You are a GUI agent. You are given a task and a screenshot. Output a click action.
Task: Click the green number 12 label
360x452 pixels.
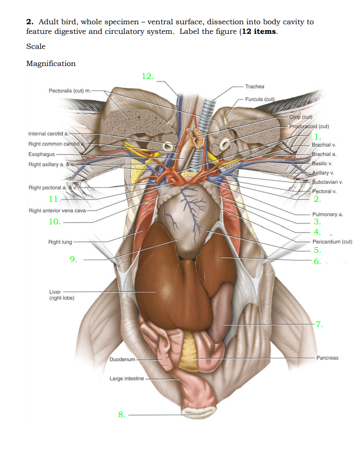(147, 76)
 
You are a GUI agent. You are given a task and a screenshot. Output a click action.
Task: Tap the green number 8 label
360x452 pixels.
(122, 414)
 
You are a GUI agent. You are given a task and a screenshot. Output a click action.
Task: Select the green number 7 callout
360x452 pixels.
(319, 324)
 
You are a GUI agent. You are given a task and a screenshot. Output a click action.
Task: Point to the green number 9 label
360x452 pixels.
(73, 259)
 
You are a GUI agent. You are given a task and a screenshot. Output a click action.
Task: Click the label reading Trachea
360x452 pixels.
(255, 86)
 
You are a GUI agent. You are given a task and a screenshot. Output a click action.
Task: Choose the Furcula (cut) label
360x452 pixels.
(259, 99)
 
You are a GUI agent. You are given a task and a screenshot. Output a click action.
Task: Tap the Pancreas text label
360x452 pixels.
(327, 358)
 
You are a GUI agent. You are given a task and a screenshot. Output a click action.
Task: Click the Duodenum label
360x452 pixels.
(122, 359)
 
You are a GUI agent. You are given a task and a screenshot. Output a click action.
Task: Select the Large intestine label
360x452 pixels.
(127, 378)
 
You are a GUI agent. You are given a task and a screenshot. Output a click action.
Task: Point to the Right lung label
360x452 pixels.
(60, 242)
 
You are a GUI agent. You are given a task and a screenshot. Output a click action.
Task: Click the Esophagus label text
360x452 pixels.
(41, 154)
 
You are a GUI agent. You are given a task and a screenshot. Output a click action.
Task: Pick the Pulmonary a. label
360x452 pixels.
(327, 214)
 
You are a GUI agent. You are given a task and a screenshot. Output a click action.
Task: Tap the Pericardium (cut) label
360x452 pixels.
(332, 242)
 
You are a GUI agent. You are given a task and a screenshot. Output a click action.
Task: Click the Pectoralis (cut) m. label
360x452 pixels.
(69, 91)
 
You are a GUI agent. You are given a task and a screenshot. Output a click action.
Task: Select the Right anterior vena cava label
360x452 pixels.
(57, 211)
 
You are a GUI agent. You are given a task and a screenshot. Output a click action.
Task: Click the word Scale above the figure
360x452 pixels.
(36, 46)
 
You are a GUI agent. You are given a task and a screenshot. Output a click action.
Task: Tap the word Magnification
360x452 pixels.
(51, 63)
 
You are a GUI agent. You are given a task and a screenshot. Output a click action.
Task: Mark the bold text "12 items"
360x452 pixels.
(259, 32)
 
